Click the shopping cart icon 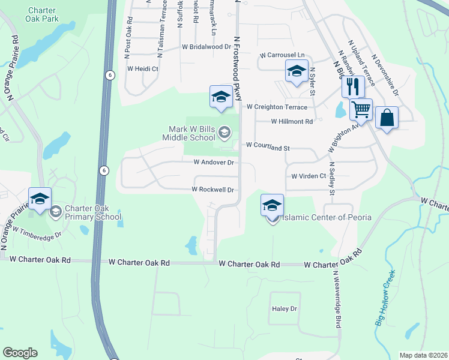(x=361, y=109)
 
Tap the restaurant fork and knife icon (x=352, y=86)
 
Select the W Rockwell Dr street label (x=212, y=189)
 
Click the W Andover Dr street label (x=213, y=162)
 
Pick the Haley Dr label (x=285, y=308)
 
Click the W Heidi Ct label (x=142, y=69)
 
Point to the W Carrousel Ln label (x=282, y=55)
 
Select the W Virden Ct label (x=308, y=176)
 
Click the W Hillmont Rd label (x=292, y=121)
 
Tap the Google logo (x=20, y=353)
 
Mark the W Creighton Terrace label (x=277, y=107)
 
